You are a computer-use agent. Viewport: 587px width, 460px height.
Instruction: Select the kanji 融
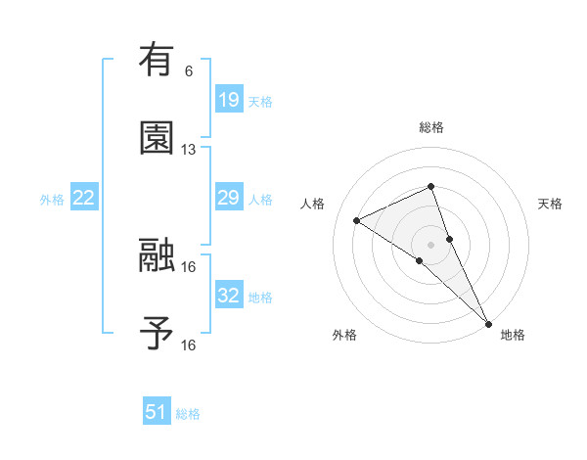tap(157, 257)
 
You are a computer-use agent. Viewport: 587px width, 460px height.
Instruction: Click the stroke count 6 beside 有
tap(189, 71)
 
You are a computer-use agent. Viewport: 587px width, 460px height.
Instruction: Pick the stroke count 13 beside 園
tap(189, 150)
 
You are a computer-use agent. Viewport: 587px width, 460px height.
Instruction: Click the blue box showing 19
tap(228, 100)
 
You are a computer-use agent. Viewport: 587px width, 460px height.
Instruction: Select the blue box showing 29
tap(228, 199)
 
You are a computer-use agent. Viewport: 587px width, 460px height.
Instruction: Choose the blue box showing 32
tap(228, 296)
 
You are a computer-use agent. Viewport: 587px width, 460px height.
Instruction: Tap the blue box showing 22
tap(84, 199)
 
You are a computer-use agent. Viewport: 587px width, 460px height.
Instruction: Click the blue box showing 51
tap(157, 413)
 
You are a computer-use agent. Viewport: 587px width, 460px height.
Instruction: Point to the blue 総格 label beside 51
tap(188, 414)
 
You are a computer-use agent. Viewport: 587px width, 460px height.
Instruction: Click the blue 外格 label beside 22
tap(52, 200)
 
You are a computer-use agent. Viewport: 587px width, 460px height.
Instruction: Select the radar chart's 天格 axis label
tap(551, 204)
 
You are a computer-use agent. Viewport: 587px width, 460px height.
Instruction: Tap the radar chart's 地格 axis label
tap(513, 336)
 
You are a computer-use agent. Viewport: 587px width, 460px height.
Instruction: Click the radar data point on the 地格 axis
tap(488, 322)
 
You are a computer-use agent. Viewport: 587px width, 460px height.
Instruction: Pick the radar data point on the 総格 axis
tap(430, 186)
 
